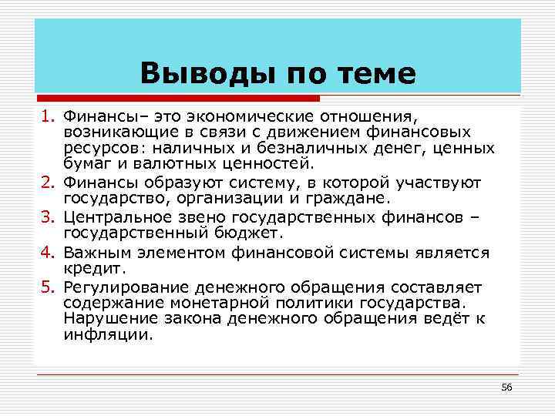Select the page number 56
(506, 386)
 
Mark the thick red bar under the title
(177, 99)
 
